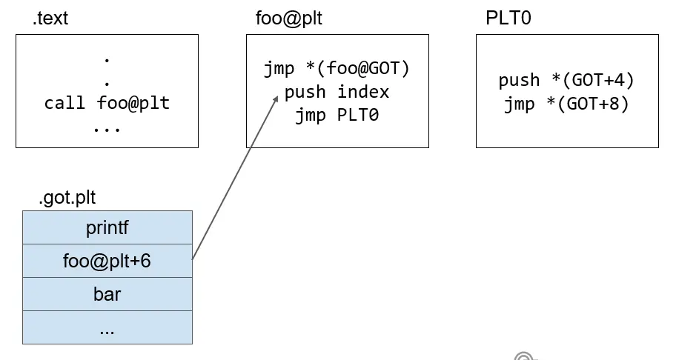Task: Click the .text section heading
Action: pyautogui.click(x=50, y=19)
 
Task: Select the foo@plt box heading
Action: pyautogui.click(x=284, y=19)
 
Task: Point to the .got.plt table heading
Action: pyautogui.click(x=67, y=198)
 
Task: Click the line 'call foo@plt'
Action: pyautogui.click(x=107, y=103)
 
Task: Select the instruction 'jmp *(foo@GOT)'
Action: pyautogui.click(x=337, y=70)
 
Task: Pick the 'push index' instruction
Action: pyautogui.click(x=337, y=93)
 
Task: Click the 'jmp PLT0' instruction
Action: pyautogui.click(x=337, y=116)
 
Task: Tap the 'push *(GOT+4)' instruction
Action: pyautogui.click(x=566, y=81)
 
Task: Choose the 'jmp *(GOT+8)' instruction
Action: pyautogui.click(x=566, y=104)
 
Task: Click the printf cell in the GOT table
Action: pyautogui.click(x=107, y=227)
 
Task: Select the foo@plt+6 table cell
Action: pyautogui.click(x=107, y=261)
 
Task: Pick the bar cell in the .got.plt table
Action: pyautogui.click(x=107, y=294)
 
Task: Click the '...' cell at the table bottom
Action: pyautogui.click(x=107, y=327)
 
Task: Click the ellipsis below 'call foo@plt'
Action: pyautogui.click(x=107, y=127)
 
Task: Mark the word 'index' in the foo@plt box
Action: pyautogui.click(x=363, y=93)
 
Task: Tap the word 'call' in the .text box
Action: pyautogui.click(x=64, y=103)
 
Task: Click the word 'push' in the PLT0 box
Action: pyautogui.click(x=519, y=81)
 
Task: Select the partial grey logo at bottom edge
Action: pyautogui.click(x=524, y=357)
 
